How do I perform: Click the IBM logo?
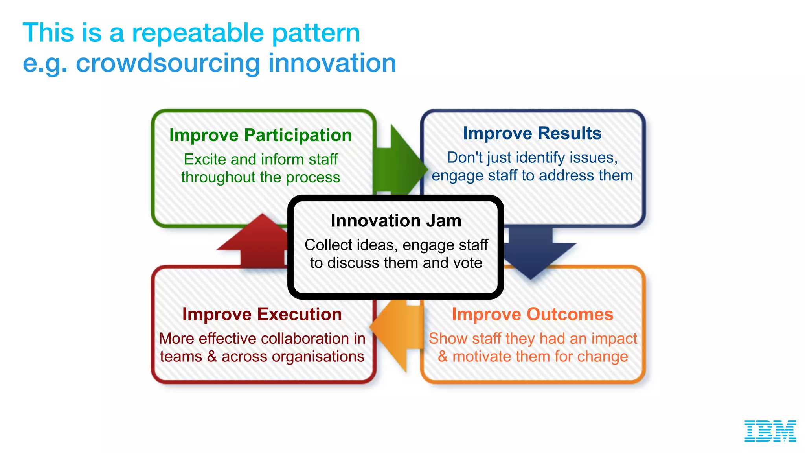click(770, 431)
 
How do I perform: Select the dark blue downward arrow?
click(531, 252)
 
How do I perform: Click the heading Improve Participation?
click(260, 135)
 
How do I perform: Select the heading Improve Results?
click(532, 133)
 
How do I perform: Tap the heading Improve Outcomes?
click(532, 314)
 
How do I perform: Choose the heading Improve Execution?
click(262, 314)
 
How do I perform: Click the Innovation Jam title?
click(396, 221)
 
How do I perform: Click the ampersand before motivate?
click(443, 357)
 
